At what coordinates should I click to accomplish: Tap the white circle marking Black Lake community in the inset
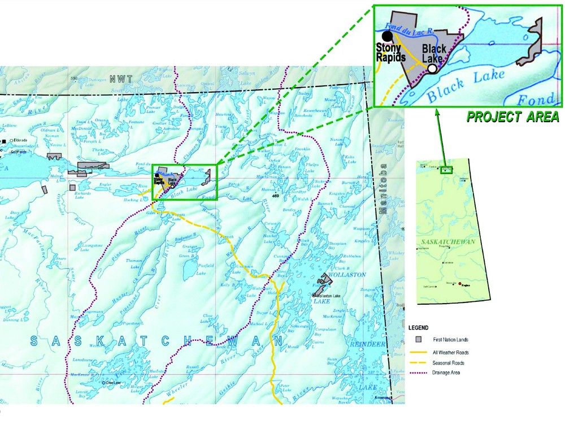(x=432, y=68)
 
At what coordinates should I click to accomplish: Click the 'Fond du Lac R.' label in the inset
(x=407, y=27)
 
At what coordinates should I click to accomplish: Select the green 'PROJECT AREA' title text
(x=512, y=117)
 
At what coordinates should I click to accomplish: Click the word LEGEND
(x=418, y=327)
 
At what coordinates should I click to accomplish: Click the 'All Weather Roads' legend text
(x=450, y=353)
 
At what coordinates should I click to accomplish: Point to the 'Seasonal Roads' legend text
(x=449, y=363)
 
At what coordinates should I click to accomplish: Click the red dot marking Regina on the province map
(x=460, y=284)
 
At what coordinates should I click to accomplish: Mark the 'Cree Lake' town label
(x=113, y=383)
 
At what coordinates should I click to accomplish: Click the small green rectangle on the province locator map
(x=447, y=169)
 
